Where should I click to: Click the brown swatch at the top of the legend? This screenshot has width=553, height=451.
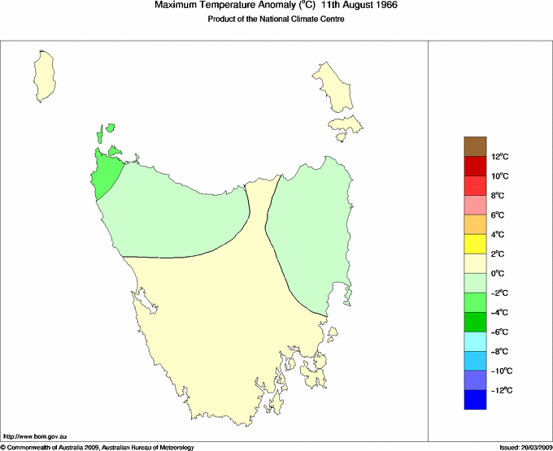click(476, 146)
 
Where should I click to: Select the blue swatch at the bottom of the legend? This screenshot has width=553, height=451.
click(476, 400)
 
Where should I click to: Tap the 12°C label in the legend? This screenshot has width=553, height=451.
click(499, 156)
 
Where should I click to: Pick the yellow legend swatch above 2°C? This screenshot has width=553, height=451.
click(476, 244)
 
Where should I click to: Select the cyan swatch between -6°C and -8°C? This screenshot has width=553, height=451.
click(476, 341)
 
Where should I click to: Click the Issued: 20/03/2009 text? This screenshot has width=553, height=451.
click(524, 447)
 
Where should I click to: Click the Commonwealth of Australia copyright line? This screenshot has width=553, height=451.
click(98, 447)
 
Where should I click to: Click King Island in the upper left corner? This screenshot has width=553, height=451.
click(45, 75)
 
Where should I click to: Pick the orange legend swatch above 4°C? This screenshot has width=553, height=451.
click(476, 224)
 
